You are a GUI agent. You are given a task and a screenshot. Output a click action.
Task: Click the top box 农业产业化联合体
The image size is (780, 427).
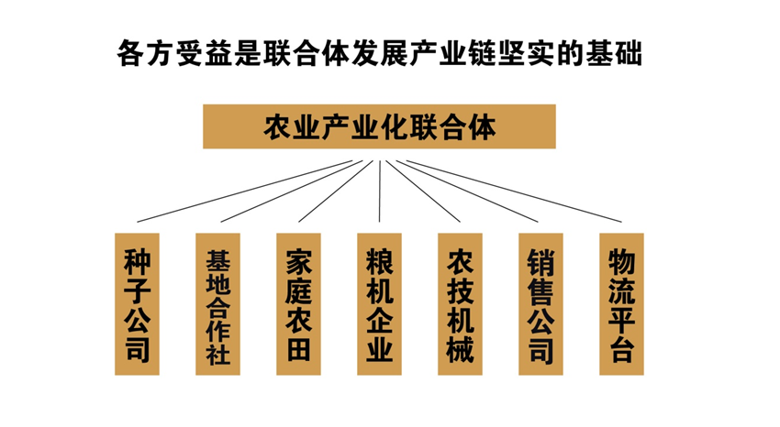coord(379,126)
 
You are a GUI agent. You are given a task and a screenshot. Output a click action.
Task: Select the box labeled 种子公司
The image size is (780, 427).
coord(137,304)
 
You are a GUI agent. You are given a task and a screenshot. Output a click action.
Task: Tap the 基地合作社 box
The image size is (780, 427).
coord(217,304)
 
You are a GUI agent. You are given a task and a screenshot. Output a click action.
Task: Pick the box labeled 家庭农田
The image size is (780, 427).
coord(298,304)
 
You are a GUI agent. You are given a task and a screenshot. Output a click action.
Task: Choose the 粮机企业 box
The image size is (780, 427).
coord(379,304)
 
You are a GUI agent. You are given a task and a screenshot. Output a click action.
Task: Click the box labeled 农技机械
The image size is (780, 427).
coord(460,304)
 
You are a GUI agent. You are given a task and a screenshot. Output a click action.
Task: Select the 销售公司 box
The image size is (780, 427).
coord(540,304)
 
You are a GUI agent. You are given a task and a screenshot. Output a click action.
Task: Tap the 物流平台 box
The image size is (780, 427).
coord(621,304)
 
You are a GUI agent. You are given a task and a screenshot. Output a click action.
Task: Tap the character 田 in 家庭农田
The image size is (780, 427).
coord(298,348)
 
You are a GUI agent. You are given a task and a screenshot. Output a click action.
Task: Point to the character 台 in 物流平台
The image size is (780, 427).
coord(621,348)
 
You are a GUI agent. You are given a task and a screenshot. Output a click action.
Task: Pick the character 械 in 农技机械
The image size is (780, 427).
coord(460,348)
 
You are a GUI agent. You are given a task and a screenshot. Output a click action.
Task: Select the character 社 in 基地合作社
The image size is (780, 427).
coord(217,356)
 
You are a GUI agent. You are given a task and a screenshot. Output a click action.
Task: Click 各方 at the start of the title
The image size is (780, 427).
coord(146,52)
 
